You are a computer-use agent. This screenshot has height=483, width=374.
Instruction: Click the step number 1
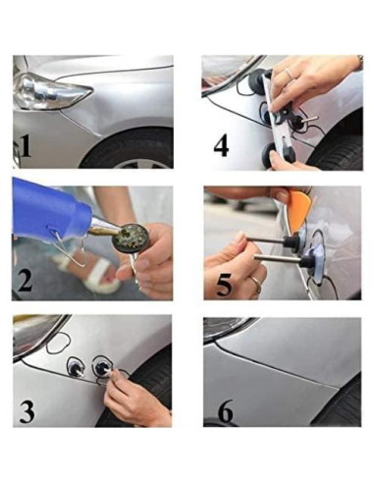27,146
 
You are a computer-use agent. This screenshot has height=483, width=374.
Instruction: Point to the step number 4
221,145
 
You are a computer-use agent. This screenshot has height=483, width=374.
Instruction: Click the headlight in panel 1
49,91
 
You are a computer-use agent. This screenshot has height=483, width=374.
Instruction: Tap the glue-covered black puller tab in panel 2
132,236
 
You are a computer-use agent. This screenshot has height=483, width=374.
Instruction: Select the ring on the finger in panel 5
256,285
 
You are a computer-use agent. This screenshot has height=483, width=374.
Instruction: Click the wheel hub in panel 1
144,164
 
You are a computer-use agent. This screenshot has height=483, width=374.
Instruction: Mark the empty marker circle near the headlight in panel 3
58,343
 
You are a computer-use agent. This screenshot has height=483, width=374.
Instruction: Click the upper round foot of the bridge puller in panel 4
256,80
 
